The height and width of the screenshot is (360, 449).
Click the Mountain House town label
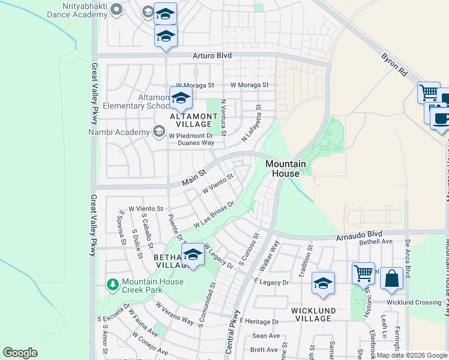[286, 169]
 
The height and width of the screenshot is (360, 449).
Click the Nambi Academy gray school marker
[159, 131]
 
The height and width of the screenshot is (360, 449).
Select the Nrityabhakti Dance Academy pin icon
[118, 9]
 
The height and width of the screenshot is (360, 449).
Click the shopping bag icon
[391, 278]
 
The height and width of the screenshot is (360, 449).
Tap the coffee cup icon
[441, 118]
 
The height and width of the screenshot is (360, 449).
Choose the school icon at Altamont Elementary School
[180, 98]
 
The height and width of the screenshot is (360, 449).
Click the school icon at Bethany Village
[193, 256]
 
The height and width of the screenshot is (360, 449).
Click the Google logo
[20, 353]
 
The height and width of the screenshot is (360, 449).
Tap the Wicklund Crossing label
[414, 302]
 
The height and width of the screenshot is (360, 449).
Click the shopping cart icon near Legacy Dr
[363, 274]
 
